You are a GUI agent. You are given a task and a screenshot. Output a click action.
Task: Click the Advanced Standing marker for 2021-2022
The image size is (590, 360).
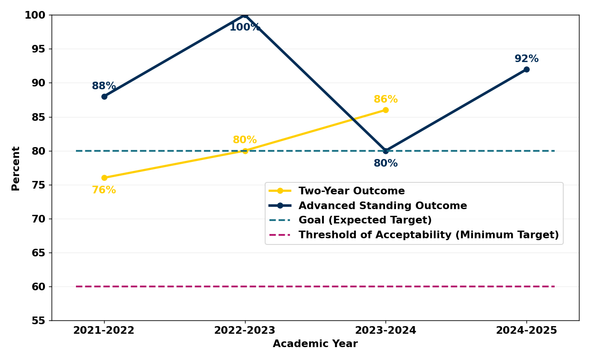tap(104, 96)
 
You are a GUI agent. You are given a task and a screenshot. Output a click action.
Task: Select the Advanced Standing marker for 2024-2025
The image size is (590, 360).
tap(526, 69)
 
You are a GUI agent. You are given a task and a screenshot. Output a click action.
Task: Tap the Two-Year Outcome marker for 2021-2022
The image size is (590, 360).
tap(104, 178)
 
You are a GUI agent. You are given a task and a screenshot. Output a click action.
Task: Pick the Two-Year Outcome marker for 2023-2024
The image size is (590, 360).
tap(386, 110)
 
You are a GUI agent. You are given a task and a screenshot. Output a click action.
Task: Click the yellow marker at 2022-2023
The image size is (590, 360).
tap(245, 151)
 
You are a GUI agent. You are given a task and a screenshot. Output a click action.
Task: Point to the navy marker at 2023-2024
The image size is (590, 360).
tap(386, 151)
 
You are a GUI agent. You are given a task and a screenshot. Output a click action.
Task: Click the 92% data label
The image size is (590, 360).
tap(526, 59)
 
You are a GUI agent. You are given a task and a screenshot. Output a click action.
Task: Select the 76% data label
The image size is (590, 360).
tap(104, 191)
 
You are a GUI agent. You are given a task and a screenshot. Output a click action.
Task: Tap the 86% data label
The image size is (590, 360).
tap(386, 100)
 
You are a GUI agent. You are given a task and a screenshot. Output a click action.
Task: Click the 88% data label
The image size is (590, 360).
tap(104, 86)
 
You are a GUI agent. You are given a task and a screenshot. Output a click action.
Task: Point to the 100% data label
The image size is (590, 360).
tap(245, 28)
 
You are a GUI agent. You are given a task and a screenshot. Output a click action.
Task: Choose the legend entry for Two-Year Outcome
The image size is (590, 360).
tap(351, 191)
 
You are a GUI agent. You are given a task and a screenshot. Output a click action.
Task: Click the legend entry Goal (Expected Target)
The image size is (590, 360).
tap(365, 221)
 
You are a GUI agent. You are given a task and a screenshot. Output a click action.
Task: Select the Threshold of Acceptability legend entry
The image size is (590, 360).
tap(428, 235)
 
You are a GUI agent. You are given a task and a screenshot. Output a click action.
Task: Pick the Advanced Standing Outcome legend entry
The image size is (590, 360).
tap(382, 206)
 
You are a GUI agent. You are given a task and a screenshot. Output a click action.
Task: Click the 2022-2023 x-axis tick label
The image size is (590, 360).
tap(245, 330)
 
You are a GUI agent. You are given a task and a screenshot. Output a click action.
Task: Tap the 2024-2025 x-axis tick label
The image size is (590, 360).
tap(526, 330)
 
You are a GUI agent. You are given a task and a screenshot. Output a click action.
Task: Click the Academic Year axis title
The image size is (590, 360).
tap(315, 344)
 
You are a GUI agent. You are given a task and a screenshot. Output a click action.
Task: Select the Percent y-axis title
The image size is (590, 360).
tap(16, 168)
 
